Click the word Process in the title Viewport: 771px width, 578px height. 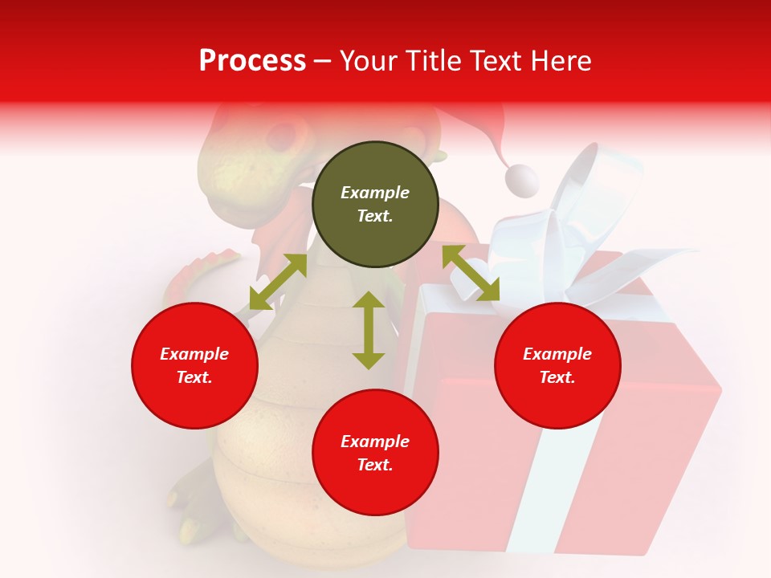252,61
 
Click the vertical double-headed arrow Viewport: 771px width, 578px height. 369,330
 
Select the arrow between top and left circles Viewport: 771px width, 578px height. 278,282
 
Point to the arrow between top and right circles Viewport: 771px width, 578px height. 471,273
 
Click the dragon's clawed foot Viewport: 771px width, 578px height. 190,522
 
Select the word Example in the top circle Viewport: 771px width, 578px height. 375,193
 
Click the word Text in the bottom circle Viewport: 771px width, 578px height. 374,465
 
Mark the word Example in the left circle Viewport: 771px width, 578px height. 194,354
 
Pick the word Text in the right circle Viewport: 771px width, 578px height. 557,377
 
